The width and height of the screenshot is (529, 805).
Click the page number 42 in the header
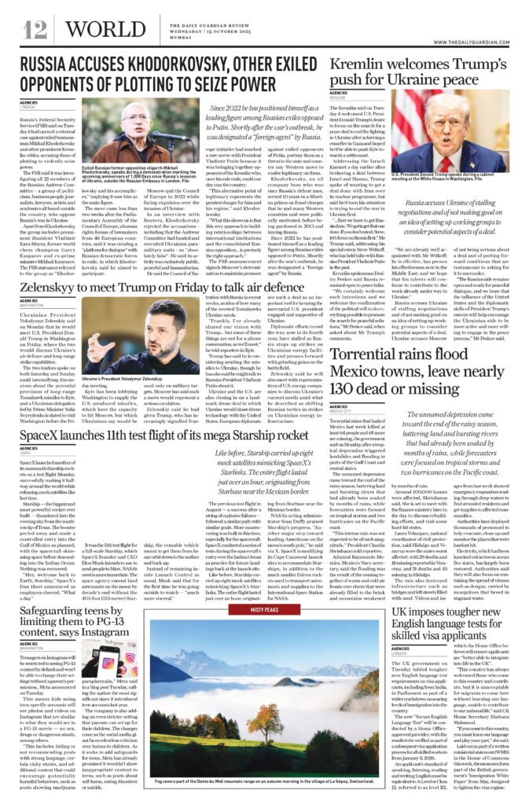coord(35,29)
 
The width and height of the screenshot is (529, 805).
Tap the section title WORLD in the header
coord(93,29)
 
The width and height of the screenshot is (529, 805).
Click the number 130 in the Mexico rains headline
coord(351,391)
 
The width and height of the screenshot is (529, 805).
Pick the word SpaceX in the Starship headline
coord(45,434)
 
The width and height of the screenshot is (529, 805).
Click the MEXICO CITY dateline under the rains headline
coord(345,410)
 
